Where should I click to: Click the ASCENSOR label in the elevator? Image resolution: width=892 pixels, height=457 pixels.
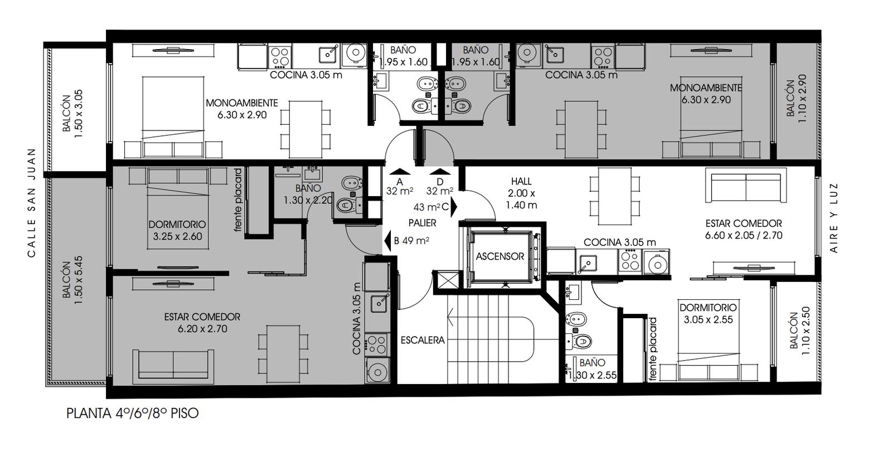500,256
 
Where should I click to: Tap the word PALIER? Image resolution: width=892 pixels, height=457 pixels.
422,223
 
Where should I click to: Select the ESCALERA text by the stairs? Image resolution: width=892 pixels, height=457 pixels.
423,341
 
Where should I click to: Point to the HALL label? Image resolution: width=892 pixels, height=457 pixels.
521,182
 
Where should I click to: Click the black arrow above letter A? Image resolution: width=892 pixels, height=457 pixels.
400,172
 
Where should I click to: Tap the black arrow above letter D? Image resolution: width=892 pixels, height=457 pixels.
440,172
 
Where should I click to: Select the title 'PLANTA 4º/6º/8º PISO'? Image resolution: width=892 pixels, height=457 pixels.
133,413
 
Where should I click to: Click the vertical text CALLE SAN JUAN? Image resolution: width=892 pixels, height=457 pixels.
31,203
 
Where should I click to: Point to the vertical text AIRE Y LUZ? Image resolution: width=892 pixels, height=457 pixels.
834,218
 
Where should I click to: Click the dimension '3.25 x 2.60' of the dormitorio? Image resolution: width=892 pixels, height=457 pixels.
178,236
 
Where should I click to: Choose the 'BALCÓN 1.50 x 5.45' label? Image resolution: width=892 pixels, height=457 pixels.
72,280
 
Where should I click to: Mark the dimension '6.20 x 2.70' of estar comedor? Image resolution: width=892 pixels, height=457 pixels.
202,329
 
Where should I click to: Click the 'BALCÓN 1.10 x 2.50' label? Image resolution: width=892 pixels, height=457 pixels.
800,331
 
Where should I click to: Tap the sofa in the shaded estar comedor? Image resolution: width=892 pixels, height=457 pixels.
173,364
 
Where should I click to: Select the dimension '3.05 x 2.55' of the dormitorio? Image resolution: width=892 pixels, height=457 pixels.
709,320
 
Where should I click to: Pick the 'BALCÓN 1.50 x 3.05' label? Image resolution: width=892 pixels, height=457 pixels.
72,114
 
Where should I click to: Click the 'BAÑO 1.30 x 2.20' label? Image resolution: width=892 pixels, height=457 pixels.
308,195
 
